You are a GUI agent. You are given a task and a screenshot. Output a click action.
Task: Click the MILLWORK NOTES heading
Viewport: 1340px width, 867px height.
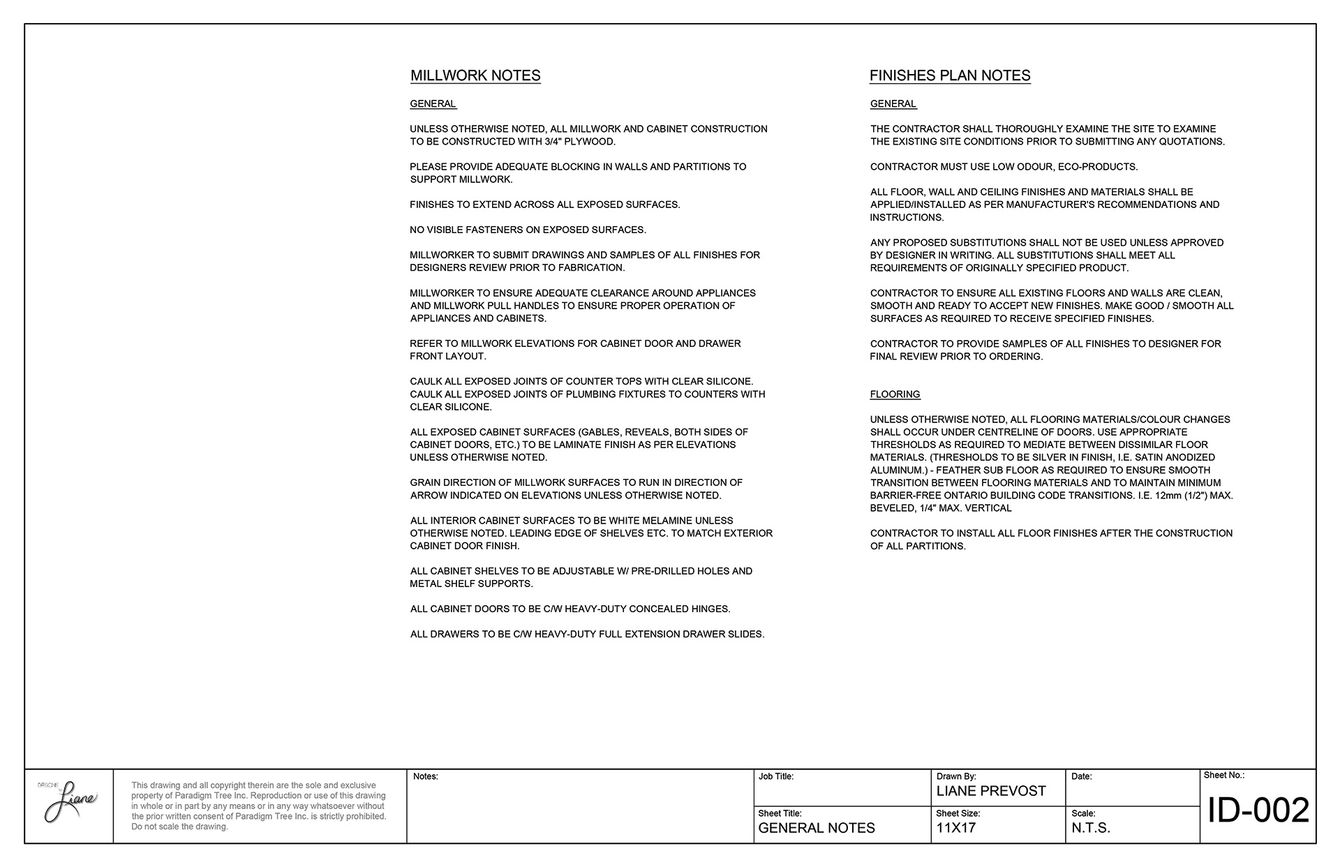[x=475, y=75]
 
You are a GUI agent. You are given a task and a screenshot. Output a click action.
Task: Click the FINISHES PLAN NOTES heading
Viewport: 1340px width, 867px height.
[x=950, y=75]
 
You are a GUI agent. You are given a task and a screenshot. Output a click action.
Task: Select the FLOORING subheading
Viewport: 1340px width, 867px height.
[x=895, y=394]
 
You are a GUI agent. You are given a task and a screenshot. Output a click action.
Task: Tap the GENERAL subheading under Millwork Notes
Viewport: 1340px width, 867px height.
[x=433, y=104]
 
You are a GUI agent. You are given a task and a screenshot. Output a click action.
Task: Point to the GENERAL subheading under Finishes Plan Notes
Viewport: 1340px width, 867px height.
[x=893, y=104]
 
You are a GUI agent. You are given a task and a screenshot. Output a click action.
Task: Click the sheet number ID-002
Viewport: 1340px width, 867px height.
[x=1258, y=811]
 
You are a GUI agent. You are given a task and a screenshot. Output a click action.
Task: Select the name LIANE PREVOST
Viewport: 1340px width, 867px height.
[x=991, y=791]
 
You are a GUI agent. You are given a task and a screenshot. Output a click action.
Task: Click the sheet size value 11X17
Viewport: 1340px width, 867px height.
[x=956, y=828]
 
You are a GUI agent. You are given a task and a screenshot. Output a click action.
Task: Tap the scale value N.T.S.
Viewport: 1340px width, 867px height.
[x=1091, y=828]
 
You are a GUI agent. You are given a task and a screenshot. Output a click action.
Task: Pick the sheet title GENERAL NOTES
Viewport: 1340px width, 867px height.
[x=817, y=828]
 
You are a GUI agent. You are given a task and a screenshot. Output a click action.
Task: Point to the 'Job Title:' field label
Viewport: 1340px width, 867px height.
[x=776, y=776]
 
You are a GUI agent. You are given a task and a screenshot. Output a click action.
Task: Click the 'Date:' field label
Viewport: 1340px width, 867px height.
[x=1082, y=776]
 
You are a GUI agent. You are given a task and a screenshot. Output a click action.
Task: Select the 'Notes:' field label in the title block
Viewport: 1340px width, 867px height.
[x=426, y=776]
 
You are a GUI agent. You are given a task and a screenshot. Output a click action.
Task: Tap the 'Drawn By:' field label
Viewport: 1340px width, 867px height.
[x=956, y=776]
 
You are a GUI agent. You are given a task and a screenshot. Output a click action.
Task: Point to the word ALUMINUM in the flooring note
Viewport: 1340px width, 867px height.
[x=896, y=470]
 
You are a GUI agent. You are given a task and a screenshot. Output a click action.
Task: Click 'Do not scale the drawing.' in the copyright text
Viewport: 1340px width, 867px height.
[x=179, y=827]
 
